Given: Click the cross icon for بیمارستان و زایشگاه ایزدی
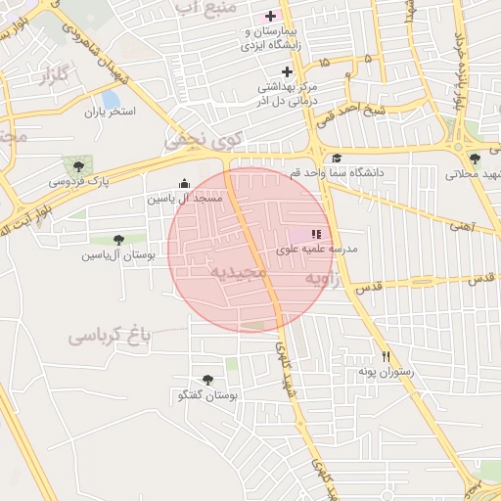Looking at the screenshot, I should (x=270, y=16).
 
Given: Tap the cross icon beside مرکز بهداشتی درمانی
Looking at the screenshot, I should (x=287, y=71).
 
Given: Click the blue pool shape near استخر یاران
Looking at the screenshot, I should (x=111, y=99).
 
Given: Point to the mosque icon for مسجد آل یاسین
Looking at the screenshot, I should (x=185, y=183).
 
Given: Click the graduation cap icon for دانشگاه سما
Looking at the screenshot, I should (x=337, y=159).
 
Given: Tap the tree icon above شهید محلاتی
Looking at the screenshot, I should (x=475, y=159).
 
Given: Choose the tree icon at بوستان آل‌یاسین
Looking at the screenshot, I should (x=118, y=239).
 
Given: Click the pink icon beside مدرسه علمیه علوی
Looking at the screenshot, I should (x=315, y=234).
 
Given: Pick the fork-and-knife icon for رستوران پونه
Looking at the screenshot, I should (x=387, y=357).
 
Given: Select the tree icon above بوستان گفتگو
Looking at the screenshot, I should (x=207, y=380).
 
